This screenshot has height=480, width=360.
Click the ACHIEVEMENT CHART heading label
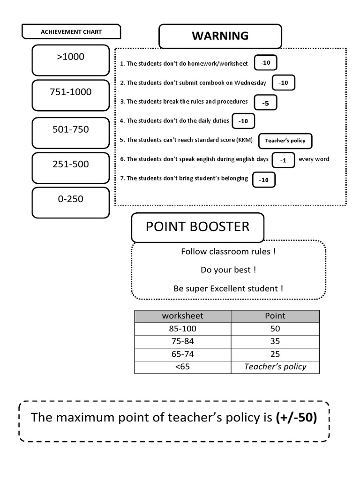[71, 32]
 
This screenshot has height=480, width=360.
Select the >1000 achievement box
[71, 60]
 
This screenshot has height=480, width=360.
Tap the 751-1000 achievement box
[71, 96]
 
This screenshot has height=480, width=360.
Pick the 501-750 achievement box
[71, 133]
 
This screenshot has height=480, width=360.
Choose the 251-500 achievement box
[71, 168]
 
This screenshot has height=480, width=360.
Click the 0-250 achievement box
[71, 202]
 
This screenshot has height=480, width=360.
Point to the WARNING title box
[220, 37]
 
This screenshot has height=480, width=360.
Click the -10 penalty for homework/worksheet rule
[265, 63]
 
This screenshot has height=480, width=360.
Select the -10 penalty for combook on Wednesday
[283, 82]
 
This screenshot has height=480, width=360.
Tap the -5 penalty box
[265, 103]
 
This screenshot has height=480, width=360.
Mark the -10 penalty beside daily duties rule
[243, 121]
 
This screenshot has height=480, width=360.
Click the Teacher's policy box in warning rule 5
[285, 141]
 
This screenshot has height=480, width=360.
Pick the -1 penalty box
[283, 160]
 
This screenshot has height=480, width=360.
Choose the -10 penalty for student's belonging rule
[264, 180]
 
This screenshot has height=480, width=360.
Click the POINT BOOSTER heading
[198, 227]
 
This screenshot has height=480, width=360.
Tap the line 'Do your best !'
[228, 270]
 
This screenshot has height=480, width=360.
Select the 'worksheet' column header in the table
[183, 316]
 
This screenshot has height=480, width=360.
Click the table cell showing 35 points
[275, 341]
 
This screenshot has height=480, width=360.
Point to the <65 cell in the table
[183, 367]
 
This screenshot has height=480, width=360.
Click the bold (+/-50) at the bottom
[297, 418]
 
